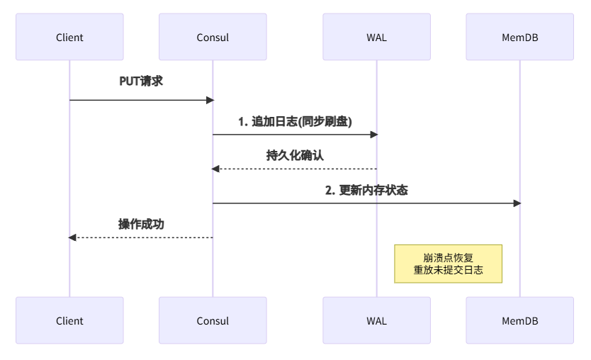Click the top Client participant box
pos(69,37)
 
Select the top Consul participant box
pos(213,37)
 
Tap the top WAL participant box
pos(376,37)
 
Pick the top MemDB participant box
pos(519,37)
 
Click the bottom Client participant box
pos(69,320)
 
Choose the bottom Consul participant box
pos(213,320)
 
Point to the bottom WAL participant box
pos(376,320)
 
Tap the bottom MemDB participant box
pos(519,320)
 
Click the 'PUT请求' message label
pos(141,81)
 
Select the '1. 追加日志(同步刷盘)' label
pos(295,121)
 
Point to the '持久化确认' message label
pos(295,155)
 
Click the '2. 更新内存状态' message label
pos(366,190)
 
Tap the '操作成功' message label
pos(141,224)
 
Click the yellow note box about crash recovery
pos(448,264)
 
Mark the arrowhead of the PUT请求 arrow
pos(210,100)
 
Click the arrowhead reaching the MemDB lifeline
pos(517,203)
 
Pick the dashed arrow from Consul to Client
pos(141,237)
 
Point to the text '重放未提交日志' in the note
pos(448,271)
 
